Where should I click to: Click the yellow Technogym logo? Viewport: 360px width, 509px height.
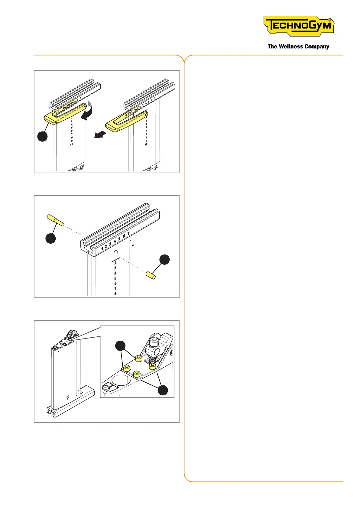click(299, 26)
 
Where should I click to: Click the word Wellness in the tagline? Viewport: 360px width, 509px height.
click(291, 47)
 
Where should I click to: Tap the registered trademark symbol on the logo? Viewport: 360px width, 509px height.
click(329, 21)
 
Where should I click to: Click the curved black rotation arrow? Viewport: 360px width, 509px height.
click(86, 113)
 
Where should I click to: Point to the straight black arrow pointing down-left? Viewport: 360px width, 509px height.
click(100, 134)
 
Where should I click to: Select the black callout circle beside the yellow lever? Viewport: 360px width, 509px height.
click(43, 136)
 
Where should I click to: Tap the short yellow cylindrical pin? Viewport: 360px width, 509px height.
click(151, 275)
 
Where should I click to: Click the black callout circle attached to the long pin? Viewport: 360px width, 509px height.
click(50, 238)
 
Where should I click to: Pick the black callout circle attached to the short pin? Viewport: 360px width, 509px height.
click(164, 260)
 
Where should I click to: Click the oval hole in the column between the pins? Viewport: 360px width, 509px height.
click(115, 253)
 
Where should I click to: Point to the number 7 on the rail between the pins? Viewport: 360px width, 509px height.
click(128, 233)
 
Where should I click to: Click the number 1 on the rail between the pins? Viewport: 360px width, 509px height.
click(102, 248)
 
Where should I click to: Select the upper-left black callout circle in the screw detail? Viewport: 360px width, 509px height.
click(121, 345)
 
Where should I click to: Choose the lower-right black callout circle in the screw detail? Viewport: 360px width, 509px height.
click(163, 390)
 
